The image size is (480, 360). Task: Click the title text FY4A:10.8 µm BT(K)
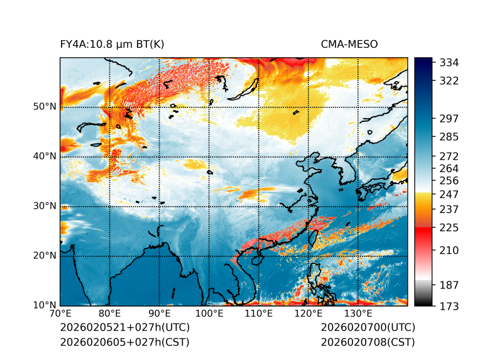click(x=112, y=44)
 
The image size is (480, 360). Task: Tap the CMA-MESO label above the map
click(x=349, y=44)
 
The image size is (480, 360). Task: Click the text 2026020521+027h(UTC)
click(x=124, y=327)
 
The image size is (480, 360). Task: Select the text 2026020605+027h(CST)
click(x=124, y=342)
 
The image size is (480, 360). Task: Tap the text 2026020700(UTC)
click(x=368, y=327)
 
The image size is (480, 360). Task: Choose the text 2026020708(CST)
click(x=368, y=342)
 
